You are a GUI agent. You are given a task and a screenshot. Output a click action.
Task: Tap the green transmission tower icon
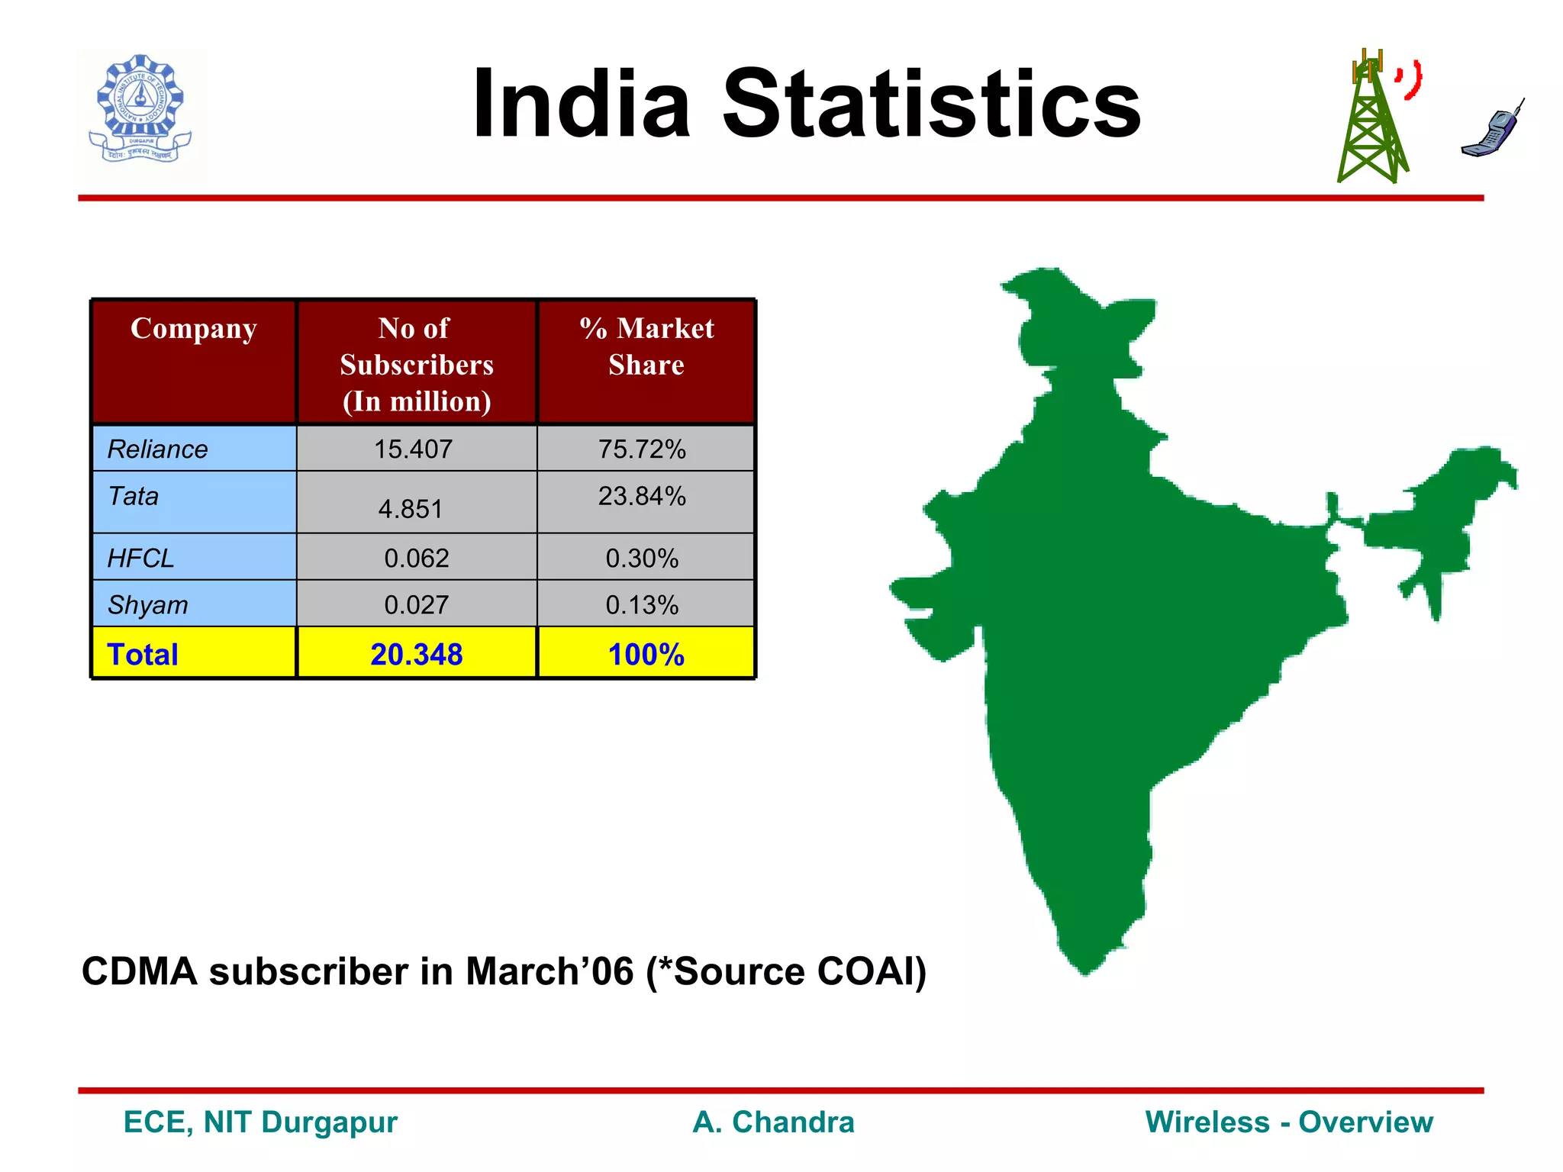1371,122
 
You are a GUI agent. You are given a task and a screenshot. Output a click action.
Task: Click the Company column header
193,329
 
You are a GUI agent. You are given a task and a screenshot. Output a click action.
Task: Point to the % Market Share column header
646,346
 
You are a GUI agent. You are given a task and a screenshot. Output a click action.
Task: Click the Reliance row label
157,449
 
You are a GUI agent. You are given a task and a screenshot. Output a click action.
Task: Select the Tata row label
134,497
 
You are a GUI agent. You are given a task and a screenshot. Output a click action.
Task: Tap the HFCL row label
140,559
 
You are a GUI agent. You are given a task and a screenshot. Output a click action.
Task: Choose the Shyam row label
147,605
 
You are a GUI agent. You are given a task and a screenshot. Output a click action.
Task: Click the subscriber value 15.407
413,449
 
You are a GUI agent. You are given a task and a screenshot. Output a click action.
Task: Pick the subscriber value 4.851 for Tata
411,509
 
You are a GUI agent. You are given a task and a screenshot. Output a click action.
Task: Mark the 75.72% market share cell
642,449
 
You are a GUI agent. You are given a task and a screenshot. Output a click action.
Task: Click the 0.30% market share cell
642,559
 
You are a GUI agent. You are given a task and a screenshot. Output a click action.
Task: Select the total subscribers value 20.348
417,655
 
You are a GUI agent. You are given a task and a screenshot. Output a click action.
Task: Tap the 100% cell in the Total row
646,655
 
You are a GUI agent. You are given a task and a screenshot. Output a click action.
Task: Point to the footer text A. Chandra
773,1122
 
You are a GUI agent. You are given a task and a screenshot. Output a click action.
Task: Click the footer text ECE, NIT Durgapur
260,1122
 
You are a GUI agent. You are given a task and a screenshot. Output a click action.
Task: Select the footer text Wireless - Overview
1289,1122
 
